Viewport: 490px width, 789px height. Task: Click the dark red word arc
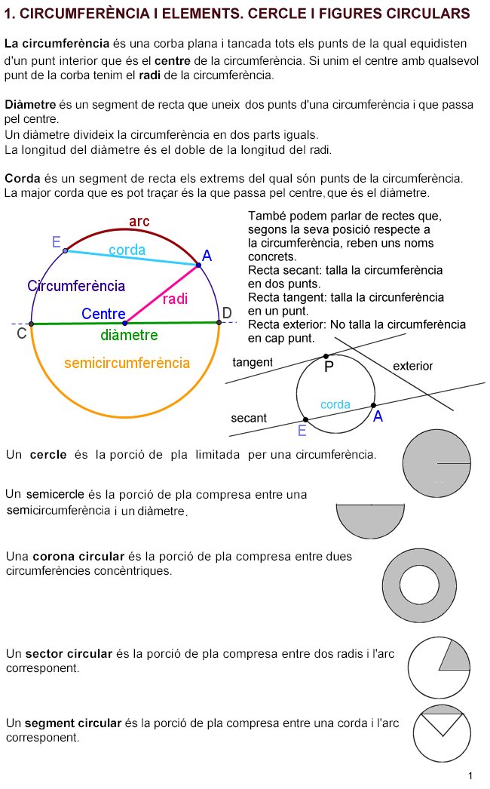pyautogui.click(x=139, y=221)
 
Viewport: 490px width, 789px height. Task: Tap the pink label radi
pyautogui.click(x=175, y=299)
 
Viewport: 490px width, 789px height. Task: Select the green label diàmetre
pyautogui.click(x=129, y=335)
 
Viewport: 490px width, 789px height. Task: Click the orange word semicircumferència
pyautogui.click(x=127, y=363)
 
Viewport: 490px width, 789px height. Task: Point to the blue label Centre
pyautogui.click(x=103, y=313)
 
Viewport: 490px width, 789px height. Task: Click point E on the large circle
pyautogui.click(x=66, y=250)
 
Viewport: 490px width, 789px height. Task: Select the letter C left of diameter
pyautogui.click(x=22, y=333)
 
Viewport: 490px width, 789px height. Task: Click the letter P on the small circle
pyautogui.click(x=329, y=367)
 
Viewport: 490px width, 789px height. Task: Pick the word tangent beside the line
pyautogui.click(x=253, y=363)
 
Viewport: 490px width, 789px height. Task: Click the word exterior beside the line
pyautogui.click(x=413, y=367)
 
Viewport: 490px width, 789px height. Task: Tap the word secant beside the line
pyautogui.click(x=249, y=418)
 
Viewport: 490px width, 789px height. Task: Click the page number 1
pyautogui.click(x=470, y=776)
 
